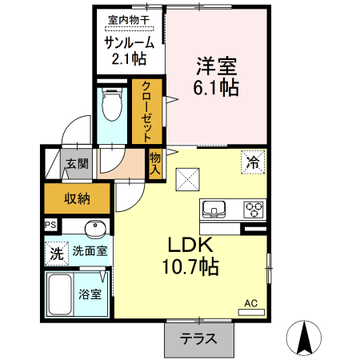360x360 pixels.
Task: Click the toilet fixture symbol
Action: (112, 104)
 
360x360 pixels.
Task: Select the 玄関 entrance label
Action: (78, 165)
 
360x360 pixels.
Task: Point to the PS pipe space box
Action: (51, 226)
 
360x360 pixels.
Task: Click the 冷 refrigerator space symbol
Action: (252, 162)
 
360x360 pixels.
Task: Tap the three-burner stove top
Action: (254, 209)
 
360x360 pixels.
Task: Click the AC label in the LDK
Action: (250, 303)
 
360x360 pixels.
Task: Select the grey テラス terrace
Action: (200, 338)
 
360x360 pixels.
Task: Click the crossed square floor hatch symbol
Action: (188, 179)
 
